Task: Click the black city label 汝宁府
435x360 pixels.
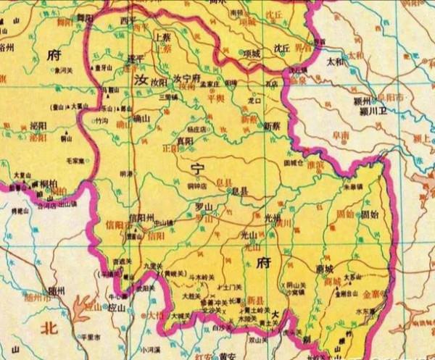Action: click(187, 78)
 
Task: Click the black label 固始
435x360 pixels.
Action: click(368, 214)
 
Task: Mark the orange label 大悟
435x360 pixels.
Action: click(157, 316)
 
